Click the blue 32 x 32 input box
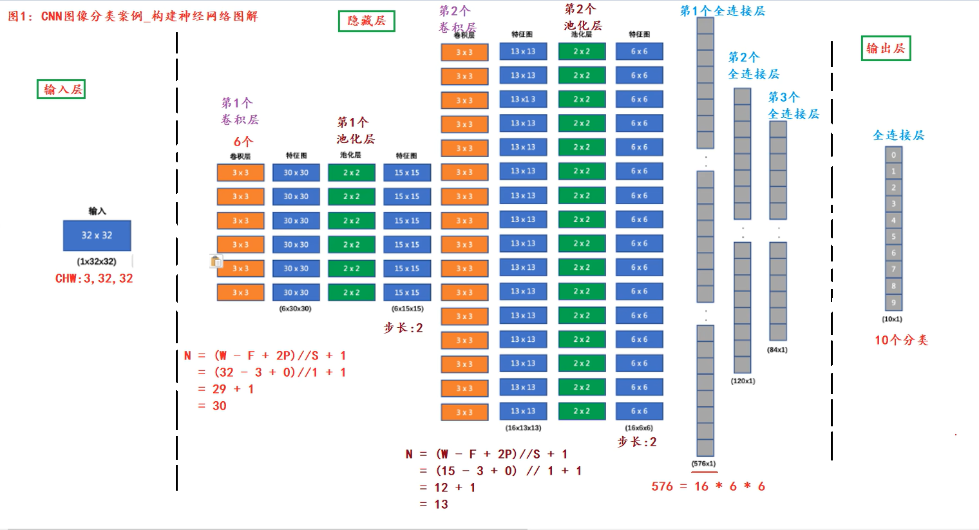pyautogui.click(x=97, y=236)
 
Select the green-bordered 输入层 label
pyautogui.click(x=61, y=90)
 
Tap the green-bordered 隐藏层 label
pyautogui.click(x=366, y=21)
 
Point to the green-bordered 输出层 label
pyautogui.click(x=886, y=48)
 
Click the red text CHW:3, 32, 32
pyautogui.click(x=94, y=279)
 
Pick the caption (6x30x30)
pyautogui.click(x=295, y=309)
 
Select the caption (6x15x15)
pyautogui.click(x=407, y=309)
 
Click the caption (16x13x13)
pyautogui.click(x=523, y=428)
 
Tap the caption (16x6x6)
pyautogui.click(x=638, y=428)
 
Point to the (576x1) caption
pyautogui.click(x=703, y=464)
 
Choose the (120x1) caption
pyautogui.click(x=743, y=381)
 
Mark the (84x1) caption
pyautogui.click(x=777, y=350)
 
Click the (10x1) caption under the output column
pyautogui.click(x=892, y=319)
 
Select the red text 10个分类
pyautogui.click(x=901, y=340)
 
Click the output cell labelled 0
pyautogui.click(x=893, y=155)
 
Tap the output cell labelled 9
pyautogui.click(x=893, y=302)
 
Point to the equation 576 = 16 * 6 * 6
pyautogui.click(x=708, y=487)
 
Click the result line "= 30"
pyautogui.click(x=213, y=406)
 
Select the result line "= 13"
pyautogui.click(x=434, y=505)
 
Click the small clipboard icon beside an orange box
pyautogui.click(x=216, y=261)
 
